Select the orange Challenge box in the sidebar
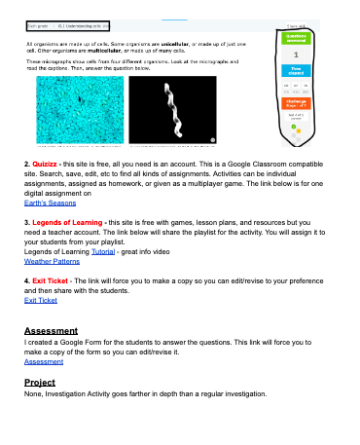[295, 103]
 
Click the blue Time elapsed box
[295, 70]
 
